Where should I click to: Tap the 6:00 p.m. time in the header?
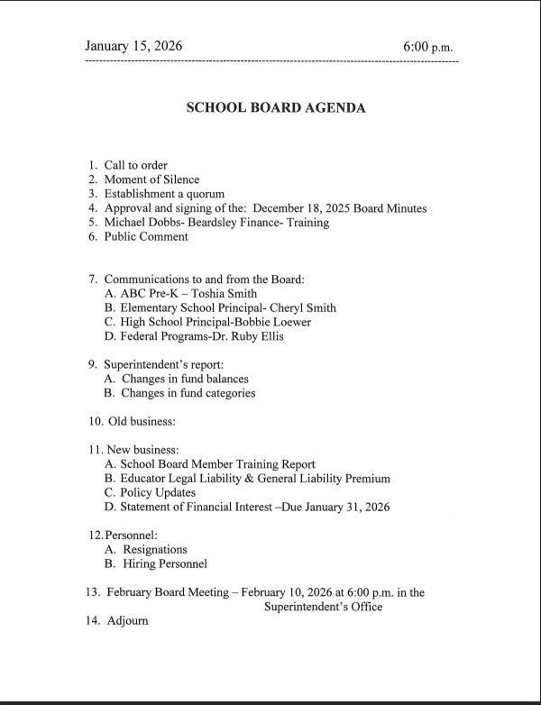[430, 46]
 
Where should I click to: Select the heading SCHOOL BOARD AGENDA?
[275, 107]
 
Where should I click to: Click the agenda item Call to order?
[135, 165]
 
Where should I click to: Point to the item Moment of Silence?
[151, 179]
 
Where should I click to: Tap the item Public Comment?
[146, 237]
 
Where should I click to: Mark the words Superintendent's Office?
[323, 607]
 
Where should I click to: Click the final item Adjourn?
[127, 621]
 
